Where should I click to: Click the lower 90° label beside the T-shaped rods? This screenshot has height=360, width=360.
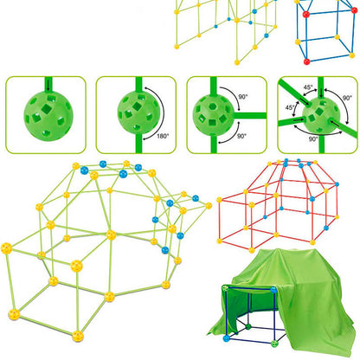[243, 136]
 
